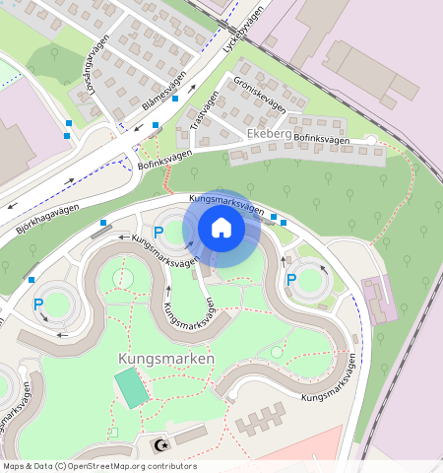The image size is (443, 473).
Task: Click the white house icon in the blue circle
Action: (x=221, y=229)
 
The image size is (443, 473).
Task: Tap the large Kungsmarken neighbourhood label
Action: (x=165, y=359)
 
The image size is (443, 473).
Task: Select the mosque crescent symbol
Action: (x=158, y=445)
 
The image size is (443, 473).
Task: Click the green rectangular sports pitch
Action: (x=132, y=387)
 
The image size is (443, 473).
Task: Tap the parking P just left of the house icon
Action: (x=158, y=233)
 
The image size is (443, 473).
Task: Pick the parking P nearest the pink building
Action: (x=290, y=281)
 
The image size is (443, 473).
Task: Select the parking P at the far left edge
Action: (x=38, y=304)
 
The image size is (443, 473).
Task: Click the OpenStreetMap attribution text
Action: (x=99, y=466)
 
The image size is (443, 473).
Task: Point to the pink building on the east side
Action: (x=379, y=298)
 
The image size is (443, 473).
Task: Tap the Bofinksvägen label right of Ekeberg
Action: (x=321, y=141)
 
